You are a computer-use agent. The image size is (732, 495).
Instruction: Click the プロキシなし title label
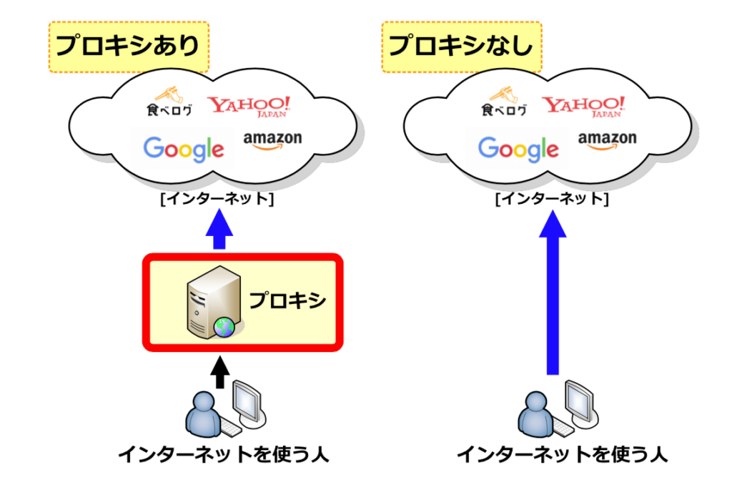point(462,46)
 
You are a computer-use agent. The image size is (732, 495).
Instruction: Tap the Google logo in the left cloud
point(184,148)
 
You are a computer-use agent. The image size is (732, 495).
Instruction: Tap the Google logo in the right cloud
point(518,148)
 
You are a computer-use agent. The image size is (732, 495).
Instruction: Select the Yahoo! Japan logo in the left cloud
point(249,106)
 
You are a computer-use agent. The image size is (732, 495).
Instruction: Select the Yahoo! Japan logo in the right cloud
point(584,106)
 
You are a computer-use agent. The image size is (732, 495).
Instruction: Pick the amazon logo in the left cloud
point(272,140)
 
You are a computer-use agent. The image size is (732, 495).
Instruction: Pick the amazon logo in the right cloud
point(607,140)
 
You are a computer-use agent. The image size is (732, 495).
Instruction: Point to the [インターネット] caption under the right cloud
point(552,200)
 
